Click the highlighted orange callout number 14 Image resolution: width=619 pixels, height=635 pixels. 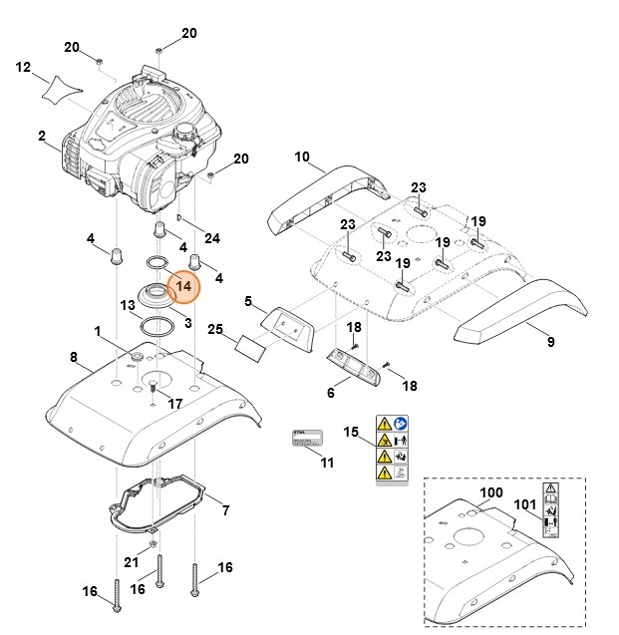(x=183, y=287)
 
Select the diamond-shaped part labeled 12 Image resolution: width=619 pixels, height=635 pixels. (x=61, y=88)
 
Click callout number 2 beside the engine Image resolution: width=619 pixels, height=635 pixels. (x=42, y=136)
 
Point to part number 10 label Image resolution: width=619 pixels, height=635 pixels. (x=302, y=157)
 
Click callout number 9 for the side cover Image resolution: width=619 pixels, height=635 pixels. (x=551, y=341)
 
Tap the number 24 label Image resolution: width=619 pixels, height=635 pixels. (x=212, y=238)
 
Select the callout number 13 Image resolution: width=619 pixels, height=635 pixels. (x=128, y=305)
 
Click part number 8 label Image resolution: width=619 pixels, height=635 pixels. (x=74, y=356)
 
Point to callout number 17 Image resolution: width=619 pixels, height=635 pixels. (x=175, y=404)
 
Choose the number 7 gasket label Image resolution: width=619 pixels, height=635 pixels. (x=226, y=511)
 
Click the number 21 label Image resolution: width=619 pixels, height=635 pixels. (x=131, y=562)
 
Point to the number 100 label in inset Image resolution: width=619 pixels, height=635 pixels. (x=491, y=492)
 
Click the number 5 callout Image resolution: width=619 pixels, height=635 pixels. (x=248, y=301)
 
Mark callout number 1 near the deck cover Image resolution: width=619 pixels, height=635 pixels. (x=98, y=330)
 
